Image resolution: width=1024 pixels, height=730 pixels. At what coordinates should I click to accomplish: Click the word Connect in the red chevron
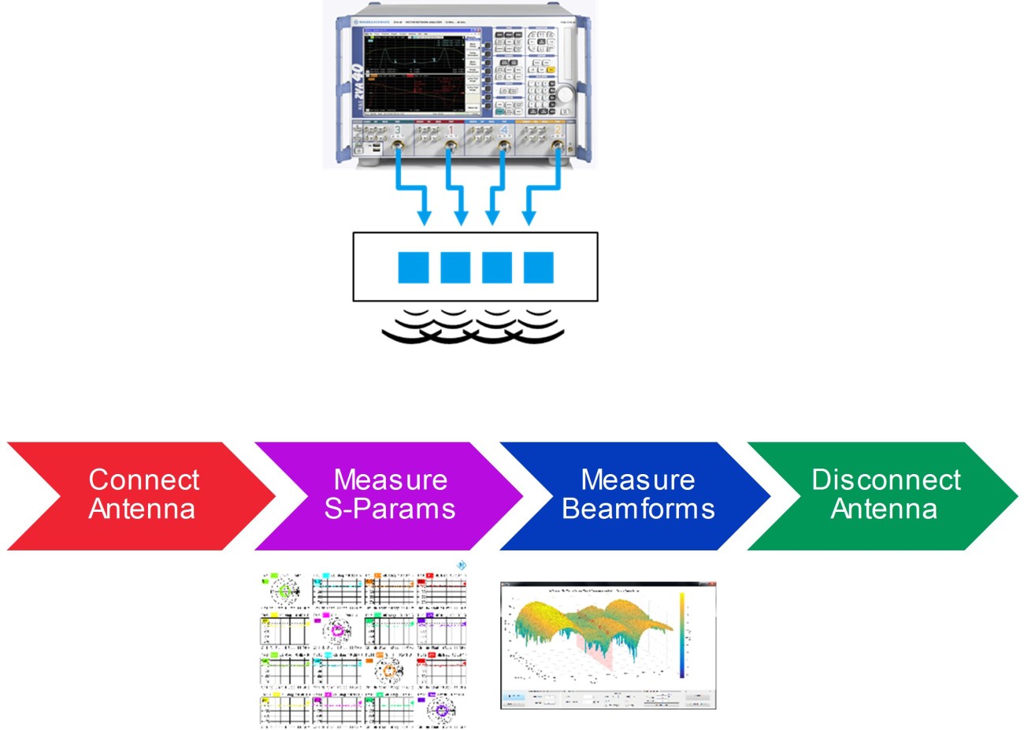(143, 479)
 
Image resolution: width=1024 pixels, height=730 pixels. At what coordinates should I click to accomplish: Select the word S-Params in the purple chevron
(390, 509)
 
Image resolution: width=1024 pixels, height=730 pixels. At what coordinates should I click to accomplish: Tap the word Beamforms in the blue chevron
(638, 509)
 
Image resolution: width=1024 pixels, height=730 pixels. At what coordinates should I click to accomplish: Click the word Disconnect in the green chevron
(886, 479)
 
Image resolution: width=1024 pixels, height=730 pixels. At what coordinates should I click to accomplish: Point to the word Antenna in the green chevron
(884, 509)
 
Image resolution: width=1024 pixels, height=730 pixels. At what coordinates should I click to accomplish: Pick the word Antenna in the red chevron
(142, 509)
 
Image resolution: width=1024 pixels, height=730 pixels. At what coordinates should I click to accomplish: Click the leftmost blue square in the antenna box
(414, 268)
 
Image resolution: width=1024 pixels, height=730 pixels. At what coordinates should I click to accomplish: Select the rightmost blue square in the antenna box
(539, 268)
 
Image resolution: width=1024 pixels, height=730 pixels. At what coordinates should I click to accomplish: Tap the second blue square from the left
(455, 268)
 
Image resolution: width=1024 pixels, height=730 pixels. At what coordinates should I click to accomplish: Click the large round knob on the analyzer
(565, 94)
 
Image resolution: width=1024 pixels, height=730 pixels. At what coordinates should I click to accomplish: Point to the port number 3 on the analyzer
(397, 130)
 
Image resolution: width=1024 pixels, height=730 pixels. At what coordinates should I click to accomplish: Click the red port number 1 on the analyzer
(451, 130)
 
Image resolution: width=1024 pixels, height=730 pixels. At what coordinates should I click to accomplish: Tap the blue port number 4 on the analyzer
(504, 130)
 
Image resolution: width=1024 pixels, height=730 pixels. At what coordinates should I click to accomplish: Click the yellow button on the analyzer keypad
(551, 70)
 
